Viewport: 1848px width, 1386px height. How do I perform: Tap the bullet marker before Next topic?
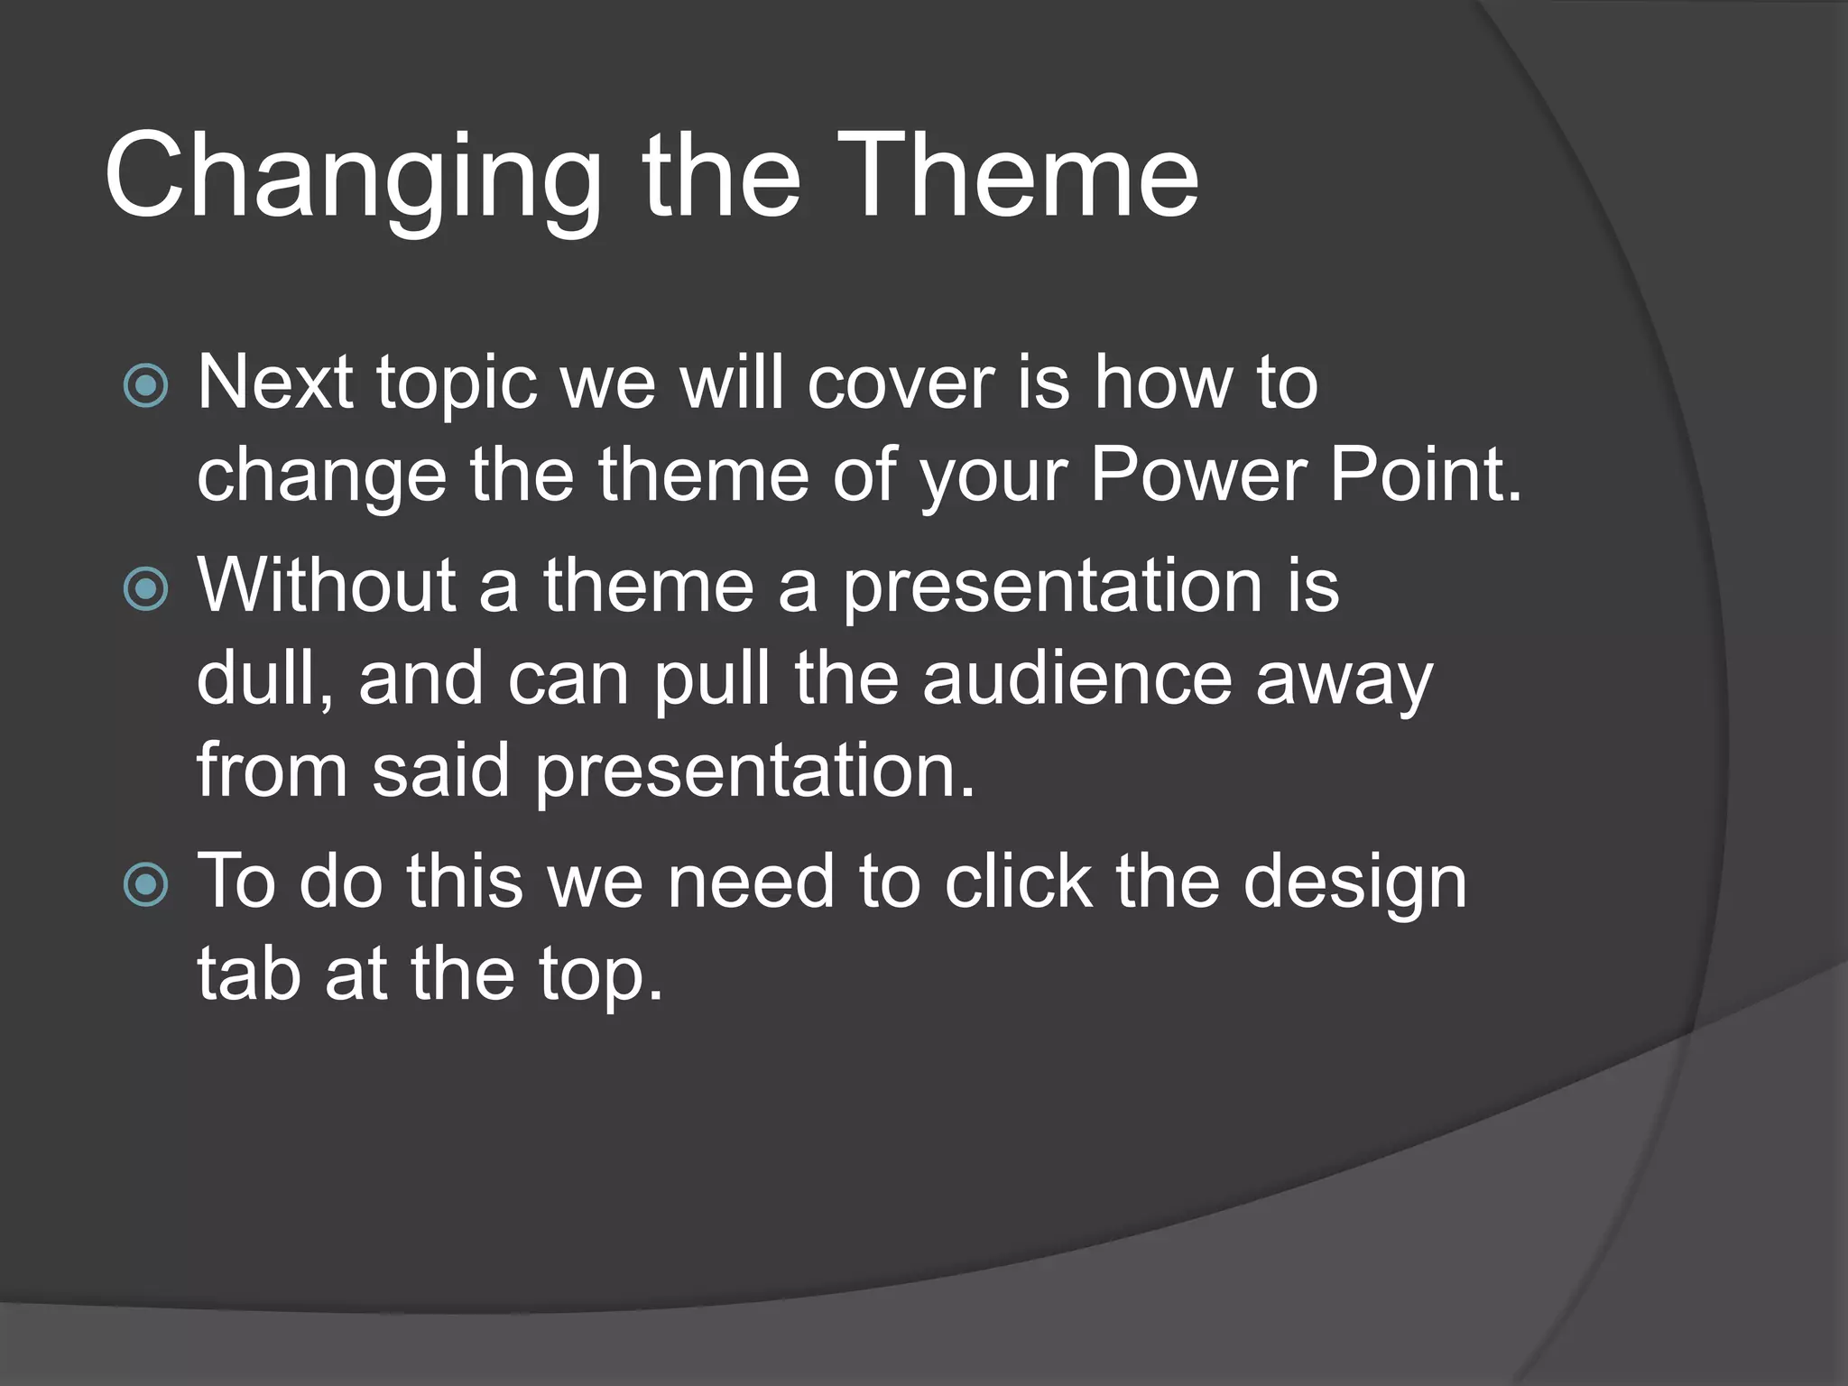[x=145, y=386]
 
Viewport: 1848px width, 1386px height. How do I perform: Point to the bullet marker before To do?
[x=145, y=884]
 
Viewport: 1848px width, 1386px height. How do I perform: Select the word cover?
[x=900, y=383]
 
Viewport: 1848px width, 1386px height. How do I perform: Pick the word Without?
[x=326, y=587]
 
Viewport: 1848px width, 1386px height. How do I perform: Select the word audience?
[x=1076, y=679]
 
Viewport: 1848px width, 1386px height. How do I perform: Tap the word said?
[x=440, y=771]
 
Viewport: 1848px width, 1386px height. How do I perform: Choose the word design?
[x=1354, y=882]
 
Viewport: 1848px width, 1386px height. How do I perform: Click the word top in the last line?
[x=600, y=975]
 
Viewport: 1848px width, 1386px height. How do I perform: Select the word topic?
[x=457, y=384]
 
